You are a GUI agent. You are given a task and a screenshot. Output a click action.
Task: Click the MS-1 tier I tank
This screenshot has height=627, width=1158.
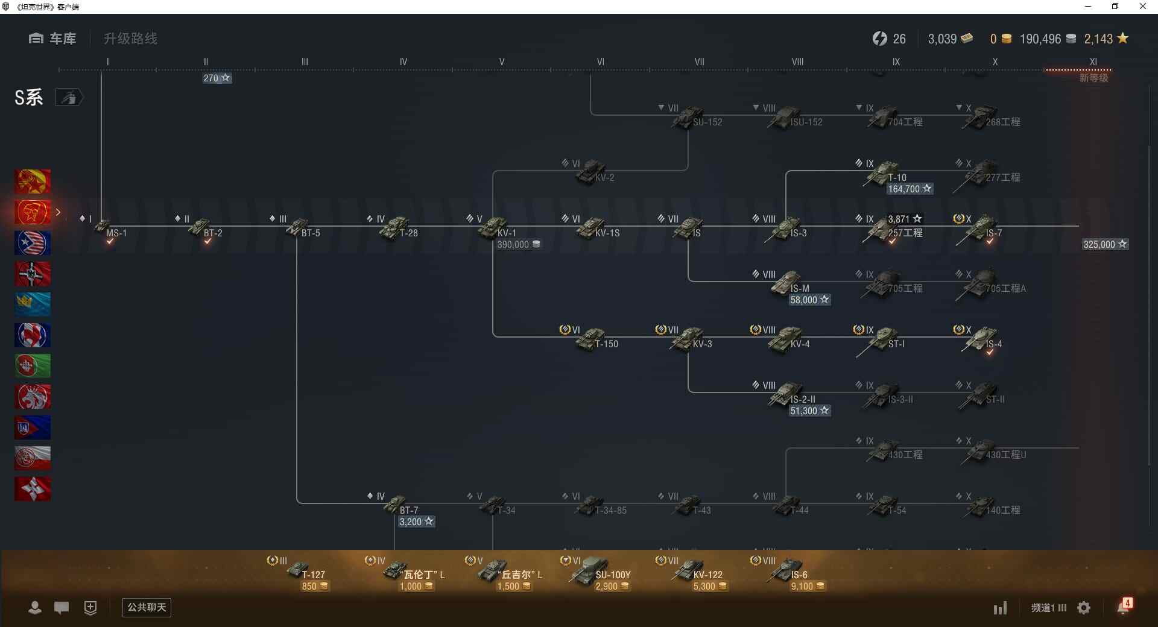point(109,229)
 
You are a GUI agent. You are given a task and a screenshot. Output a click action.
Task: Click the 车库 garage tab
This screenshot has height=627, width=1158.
point(53,39)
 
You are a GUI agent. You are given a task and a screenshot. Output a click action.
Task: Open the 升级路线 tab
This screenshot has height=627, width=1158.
point(130,39)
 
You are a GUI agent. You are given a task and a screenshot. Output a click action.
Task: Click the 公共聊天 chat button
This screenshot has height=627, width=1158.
point(147,607)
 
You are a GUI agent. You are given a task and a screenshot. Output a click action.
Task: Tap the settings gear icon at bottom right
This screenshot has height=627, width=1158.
point(1084,608)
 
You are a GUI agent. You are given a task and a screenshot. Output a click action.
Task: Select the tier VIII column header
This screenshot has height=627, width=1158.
point(797,61)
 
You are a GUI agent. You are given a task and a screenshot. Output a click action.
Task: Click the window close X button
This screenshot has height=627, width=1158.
point(1142,7)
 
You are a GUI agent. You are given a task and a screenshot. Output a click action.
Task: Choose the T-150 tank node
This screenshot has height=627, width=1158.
point(594,339)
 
